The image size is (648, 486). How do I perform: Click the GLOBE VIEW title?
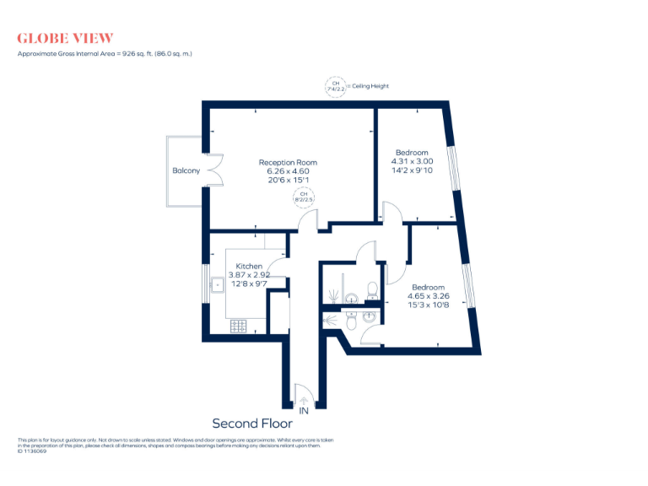coord(65,38)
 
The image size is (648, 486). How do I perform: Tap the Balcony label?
coord(186,170)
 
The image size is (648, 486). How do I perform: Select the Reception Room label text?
coord(288,162)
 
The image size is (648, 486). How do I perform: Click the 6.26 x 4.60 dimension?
coord(288,170)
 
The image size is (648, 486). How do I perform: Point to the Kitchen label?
coord(249,266)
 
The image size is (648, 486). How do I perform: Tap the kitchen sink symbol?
coord(216,284)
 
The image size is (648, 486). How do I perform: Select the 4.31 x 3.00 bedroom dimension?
coord(412,161)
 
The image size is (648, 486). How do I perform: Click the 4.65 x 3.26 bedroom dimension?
coord(429,296)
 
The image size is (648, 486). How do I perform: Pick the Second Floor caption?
coord(251,423)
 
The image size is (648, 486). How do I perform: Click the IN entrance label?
coord(303,410)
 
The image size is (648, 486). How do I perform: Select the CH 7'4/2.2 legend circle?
coord(336,86)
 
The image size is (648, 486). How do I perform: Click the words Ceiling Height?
coord(370,86)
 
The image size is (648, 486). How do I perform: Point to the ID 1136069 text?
coord(32,451)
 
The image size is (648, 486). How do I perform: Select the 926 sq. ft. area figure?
coord(134,53)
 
